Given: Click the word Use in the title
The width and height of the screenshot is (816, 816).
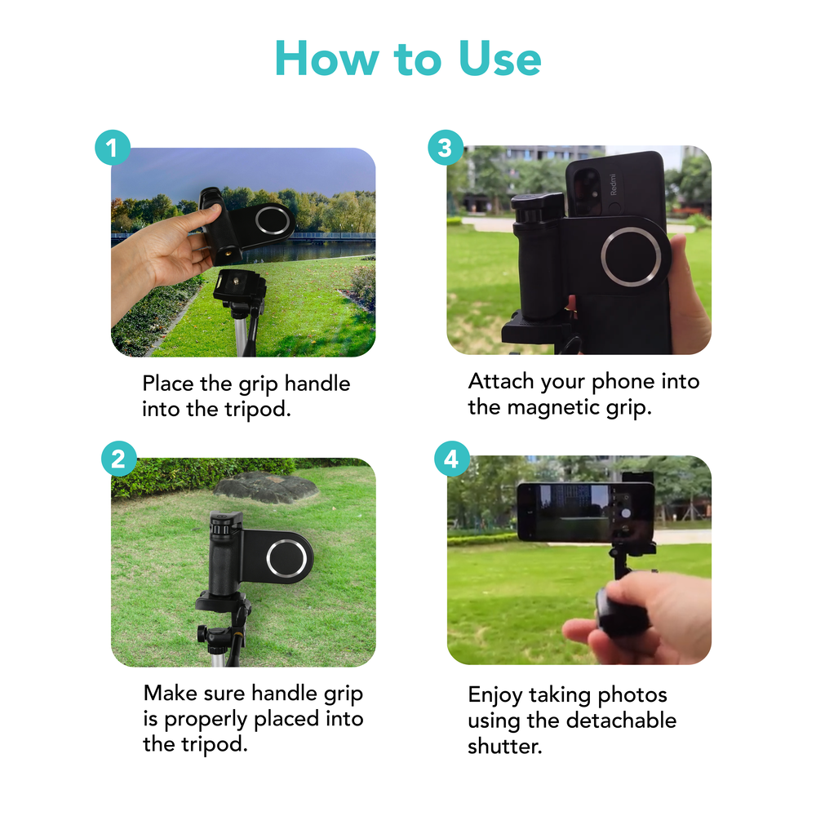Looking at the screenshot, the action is pos(499,58).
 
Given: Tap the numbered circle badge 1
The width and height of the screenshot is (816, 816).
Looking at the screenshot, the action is pos(113,148).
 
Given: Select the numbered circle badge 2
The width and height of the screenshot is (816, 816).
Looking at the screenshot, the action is pos(118,459).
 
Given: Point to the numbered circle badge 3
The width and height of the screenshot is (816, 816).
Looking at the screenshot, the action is pos(446,147).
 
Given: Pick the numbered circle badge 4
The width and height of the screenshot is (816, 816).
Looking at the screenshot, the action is pos(452,459).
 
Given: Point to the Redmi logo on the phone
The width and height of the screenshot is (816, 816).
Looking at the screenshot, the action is pos(613,184).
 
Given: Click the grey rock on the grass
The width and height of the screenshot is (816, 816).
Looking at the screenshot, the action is pos(266,487).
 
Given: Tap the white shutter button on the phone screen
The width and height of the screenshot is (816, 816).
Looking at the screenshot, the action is pos(626,513).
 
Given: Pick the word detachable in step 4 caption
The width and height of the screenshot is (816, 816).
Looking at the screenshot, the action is pos(621,721).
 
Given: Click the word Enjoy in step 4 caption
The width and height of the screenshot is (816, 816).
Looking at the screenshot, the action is pos(495,696).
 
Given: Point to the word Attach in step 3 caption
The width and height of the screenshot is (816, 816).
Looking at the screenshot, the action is pos(501,381).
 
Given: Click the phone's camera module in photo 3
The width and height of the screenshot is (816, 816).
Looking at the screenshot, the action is pos(587,191).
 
